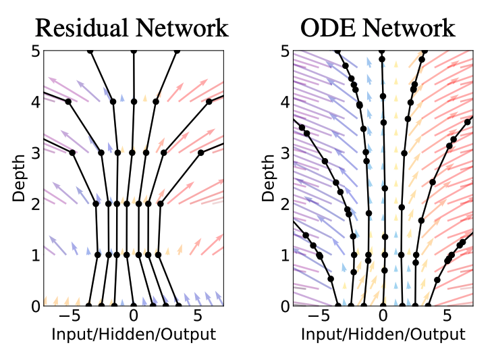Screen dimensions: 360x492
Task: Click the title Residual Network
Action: pos(132,28)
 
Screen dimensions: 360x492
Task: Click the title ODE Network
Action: pos(378,28)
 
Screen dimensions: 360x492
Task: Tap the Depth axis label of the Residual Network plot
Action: pos(18,178)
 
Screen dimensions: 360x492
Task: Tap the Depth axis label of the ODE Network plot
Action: pos(268,178)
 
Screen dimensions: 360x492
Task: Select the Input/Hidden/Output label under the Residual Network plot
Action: pos(133,334)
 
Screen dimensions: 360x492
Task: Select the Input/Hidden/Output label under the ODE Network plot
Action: pos(383,334)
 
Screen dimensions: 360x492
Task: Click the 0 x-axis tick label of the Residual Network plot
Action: pos(134,315)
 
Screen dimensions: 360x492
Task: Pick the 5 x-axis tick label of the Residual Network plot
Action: pos(198,315)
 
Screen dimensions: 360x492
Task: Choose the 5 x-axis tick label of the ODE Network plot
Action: pos(447,315)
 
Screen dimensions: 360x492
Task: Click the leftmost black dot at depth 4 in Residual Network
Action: pos(68,101)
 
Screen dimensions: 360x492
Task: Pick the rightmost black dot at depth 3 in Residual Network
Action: pos(200,153)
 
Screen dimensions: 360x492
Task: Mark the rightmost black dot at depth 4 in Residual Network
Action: pos(209,101)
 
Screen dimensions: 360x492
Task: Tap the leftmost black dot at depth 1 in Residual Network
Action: pos(97,255)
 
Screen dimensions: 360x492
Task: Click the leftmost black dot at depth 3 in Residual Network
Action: pos(72,153)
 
